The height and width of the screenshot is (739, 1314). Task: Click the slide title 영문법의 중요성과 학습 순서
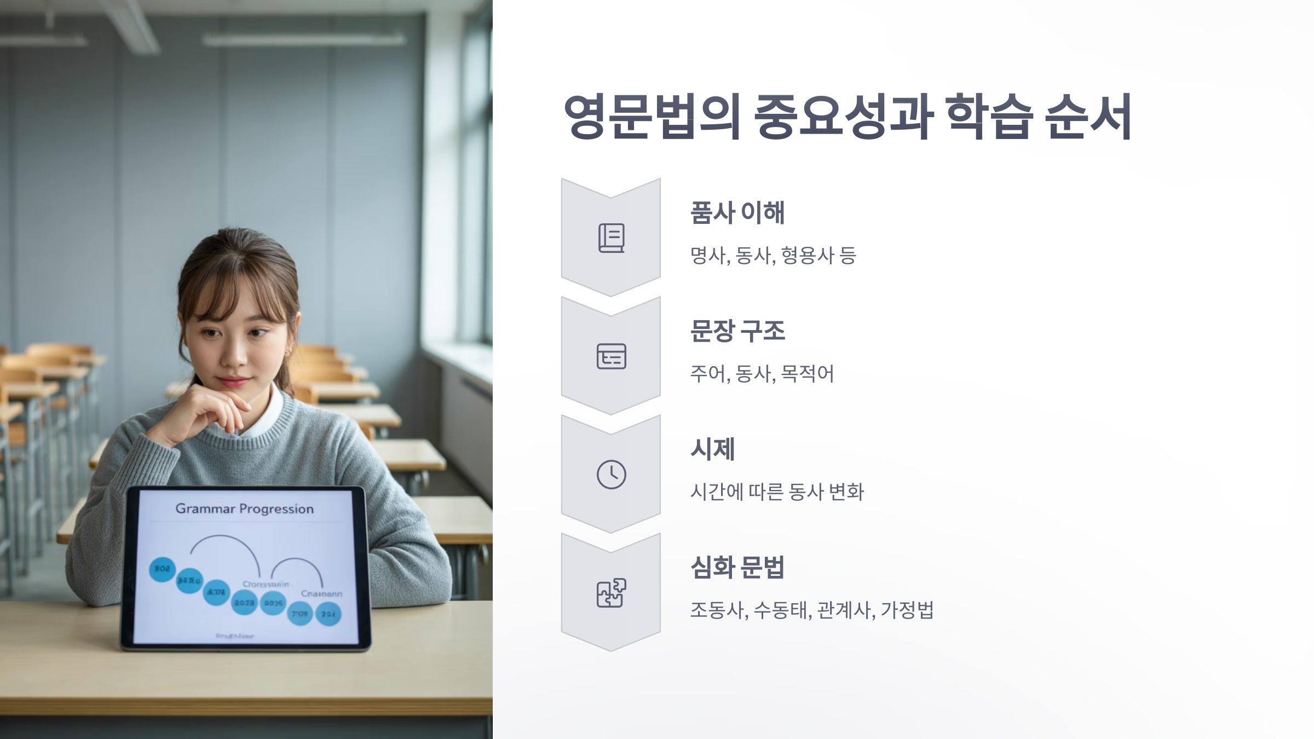point(848,117)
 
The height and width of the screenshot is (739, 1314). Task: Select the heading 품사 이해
point(737,212)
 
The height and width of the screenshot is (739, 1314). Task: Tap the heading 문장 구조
point(737,331)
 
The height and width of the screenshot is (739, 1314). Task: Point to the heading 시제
point(712,449)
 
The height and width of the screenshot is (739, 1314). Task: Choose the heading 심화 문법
point(737,567)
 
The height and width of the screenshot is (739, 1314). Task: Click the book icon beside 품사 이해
point(611,238)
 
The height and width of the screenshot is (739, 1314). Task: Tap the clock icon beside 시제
point(611,474)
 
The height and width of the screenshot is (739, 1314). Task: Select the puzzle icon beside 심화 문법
point(611,593)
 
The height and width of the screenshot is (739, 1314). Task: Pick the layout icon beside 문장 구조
point(611,356)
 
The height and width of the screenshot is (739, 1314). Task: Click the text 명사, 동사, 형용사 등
point(773,255)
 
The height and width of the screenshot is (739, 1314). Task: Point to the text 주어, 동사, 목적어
point(762,374)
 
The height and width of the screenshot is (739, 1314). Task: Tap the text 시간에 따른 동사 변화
point(777,492)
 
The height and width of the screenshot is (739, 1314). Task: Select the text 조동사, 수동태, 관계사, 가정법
point(811,610)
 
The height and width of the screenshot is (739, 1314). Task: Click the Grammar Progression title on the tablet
point(244,509)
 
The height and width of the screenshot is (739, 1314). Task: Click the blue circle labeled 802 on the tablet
point(162,569)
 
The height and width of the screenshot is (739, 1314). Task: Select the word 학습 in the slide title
point(989,117)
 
